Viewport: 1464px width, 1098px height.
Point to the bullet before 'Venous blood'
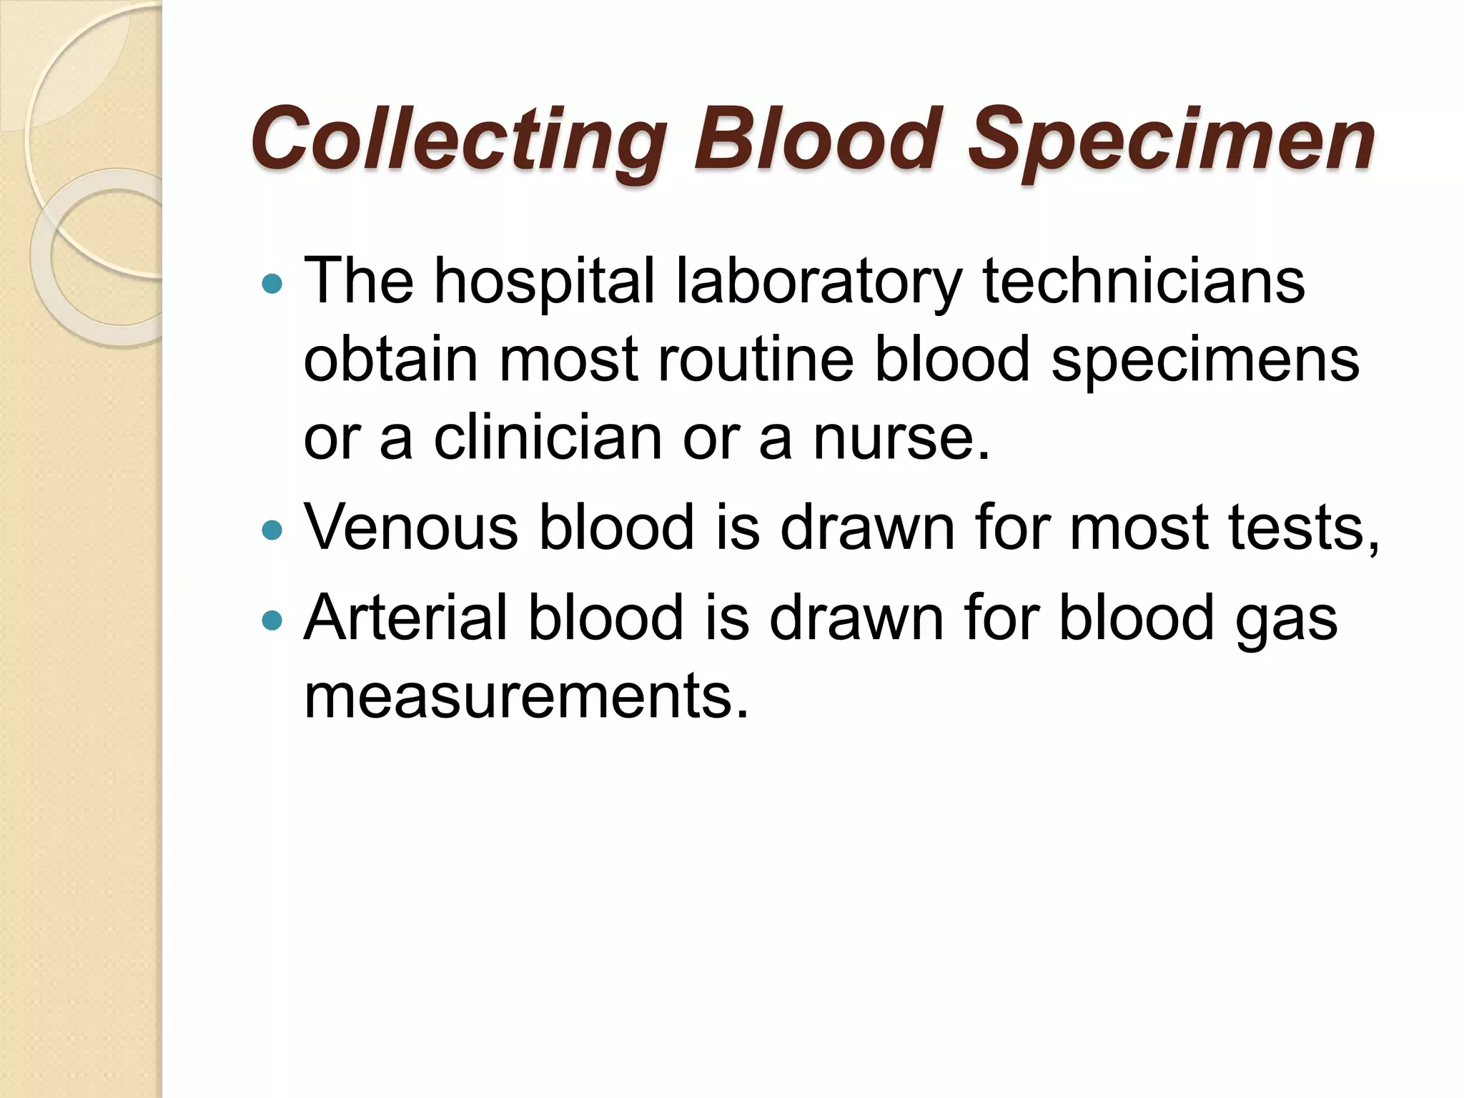(x=272, y=530)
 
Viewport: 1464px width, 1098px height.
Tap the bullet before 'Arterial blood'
(x=272, y=620)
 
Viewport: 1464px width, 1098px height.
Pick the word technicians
(x=1143, y=281)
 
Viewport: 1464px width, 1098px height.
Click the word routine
(x=755, y=360)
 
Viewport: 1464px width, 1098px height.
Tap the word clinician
(x=548, y=437)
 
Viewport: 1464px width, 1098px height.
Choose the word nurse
(x=901, y=437)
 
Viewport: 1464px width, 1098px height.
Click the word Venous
(x=411, y=528)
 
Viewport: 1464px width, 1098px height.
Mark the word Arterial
(x=405, y=618)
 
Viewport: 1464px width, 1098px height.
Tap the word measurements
(x=526, y=696)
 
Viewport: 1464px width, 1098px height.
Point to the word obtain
(x=390, y=360)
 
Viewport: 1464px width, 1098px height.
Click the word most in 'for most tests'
(x=1139, y=528)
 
